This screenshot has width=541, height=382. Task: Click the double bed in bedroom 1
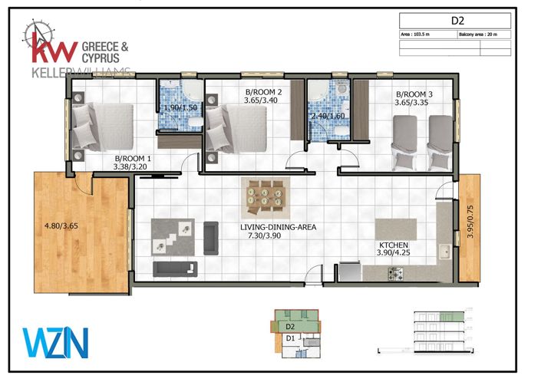tap(103, 127)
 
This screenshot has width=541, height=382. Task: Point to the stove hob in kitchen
tap(396, 272)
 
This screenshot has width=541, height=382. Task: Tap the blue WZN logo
tap(55, 342)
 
